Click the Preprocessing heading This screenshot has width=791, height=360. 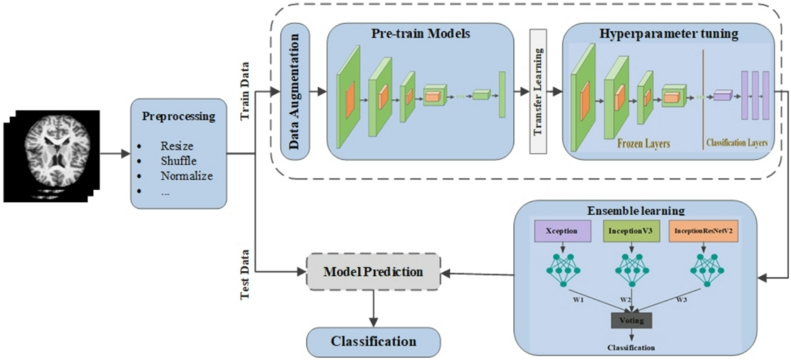point(179,116)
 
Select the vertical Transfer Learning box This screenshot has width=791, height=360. point(539,91)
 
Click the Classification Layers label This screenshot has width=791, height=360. point(737,142)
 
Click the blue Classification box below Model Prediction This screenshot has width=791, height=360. point(373,341)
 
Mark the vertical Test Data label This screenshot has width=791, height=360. point(245,276)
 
